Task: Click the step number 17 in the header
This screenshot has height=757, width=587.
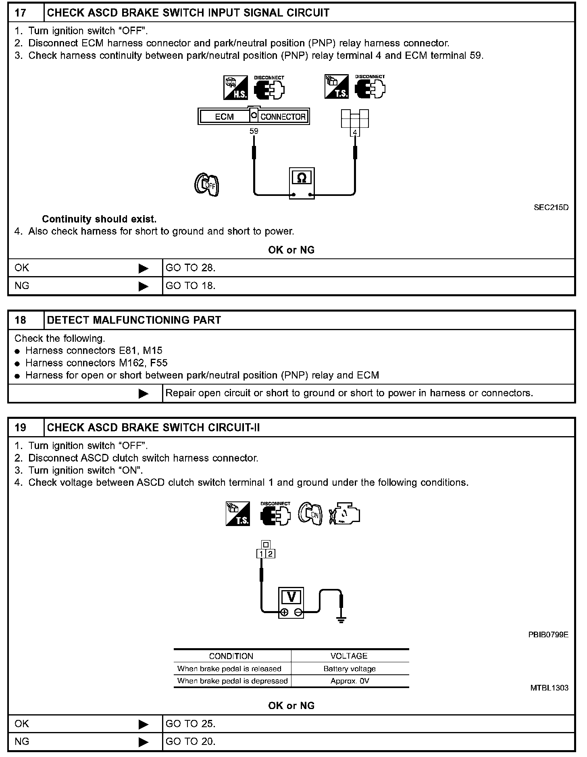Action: click(x=21, y=13)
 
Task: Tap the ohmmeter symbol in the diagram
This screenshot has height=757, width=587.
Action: click(x=302, y=178)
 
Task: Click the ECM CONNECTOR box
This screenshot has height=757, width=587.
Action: click(x=254, y=116)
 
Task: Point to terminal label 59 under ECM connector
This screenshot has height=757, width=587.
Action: click(x=254, y=131)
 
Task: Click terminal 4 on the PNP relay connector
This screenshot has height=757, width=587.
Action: click(x=355, y=132)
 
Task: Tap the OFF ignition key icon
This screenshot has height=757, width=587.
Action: click(x=206, y=185)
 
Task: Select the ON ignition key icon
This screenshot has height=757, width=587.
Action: click(x=310, y=514)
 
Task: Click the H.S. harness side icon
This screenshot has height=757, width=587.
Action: click(x=235, y=88)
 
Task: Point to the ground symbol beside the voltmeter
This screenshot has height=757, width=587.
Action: click(x=341, y=619)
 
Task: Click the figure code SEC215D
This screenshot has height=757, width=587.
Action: click(x=551, y=208)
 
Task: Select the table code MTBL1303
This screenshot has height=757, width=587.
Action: click(x=549, y=688)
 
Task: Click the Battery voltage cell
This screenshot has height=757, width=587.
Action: click(x=350, y=669)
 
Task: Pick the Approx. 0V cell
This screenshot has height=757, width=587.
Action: click(x=350, y=681)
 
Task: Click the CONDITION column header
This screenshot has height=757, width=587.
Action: click(x=231, y=656)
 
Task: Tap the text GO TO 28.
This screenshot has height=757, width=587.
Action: click(x=191, y=268)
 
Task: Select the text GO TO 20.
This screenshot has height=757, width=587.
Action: click(x=191, y=741)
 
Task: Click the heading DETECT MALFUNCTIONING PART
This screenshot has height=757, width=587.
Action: click(x=134, y=320)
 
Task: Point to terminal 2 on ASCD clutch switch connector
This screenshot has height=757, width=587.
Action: click(x=271, y=554)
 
